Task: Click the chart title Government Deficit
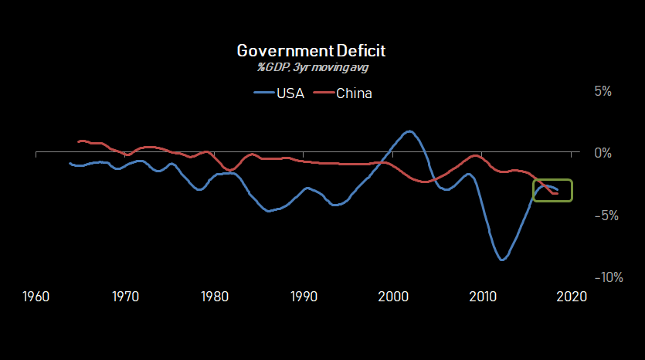(311, 51)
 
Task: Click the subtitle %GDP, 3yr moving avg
(311, 66)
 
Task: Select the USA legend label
(290, 94)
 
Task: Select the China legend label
(355, 94)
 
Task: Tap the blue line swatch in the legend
(264, 94)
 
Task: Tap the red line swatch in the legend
(324, 94)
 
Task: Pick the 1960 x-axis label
(37, 296)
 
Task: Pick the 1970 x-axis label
(126, 296)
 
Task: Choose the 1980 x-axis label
(216, 296)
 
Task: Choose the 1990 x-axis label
(304, 296)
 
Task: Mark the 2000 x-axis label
(394, 296)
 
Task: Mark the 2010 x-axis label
(483, 296)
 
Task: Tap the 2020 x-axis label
(572, 296)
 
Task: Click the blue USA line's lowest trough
(502, 260)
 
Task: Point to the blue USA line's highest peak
(409, 131)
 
